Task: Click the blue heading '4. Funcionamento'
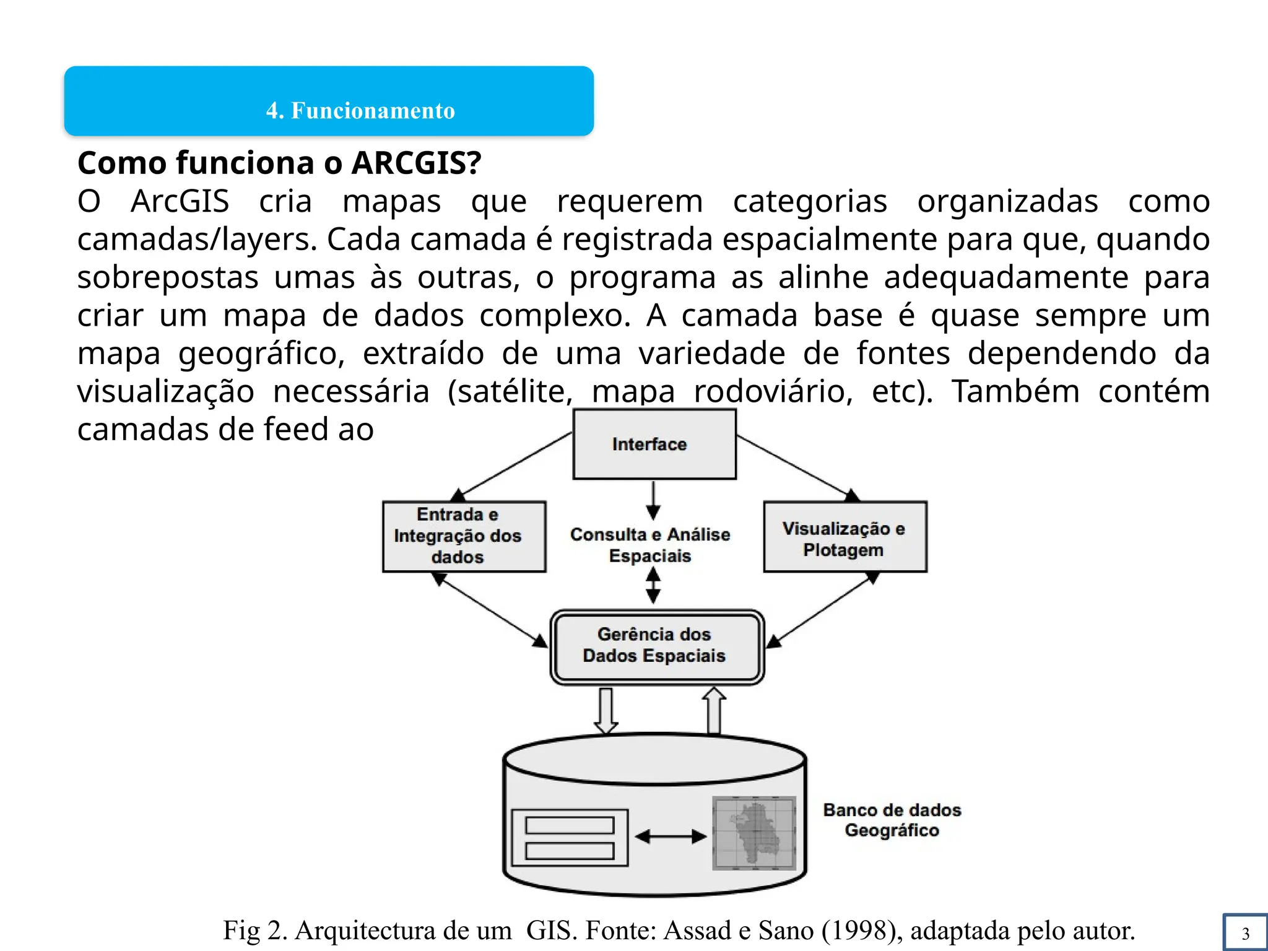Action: (360, 111)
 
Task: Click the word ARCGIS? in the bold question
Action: (416, 163)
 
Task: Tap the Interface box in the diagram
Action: (654, 444)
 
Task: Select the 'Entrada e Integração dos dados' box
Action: (464, 536)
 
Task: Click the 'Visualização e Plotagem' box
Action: (845, 537)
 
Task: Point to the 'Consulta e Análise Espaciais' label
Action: (650, 545)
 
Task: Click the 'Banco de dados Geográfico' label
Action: (892, 820)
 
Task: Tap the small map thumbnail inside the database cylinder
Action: (754, 833)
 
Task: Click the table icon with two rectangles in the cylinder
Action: (570, 837)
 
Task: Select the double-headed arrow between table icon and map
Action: (671, 836)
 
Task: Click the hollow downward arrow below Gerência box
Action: (606, 711)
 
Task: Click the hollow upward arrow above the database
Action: (714, 711)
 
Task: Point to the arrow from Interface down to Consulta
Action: (653, 500)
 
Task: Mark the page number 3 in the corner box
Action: (1246, 933)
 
